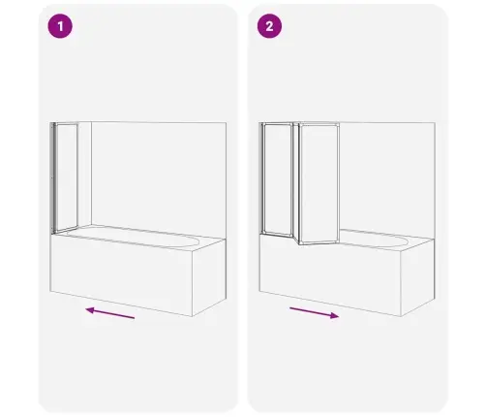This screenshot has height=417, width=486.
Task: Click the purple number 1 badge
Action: click(60, 26)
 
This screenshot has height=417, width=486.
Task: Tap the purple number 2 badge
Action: click(269, 26)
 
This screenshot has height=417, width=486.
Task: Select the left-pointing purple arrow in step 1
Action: click(110, 313)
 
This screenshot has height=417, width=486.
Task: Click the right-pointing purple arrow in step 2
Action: click(315, 313)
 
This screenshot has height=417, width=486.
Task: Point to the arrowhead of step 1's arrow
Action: click(89, 310)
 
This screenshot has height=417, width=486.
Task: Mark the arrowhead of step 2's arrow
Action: click(335, 315)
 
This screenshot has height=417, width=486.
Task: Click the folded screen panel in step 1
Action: click(66, 177)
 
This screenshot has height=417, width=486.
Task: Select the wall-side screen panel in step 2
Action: click(278, 178)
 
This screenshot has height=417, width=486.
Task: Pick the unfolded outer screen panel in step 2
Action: click(319, 183)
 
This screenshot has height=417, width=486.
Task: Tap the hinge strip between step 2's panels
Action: click(296, 181)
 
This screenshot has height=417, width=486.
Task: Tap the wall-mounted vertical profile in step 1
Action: click(52, 177)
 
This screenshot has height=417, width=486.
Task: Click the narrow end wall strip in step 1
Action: click(85, 174)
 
